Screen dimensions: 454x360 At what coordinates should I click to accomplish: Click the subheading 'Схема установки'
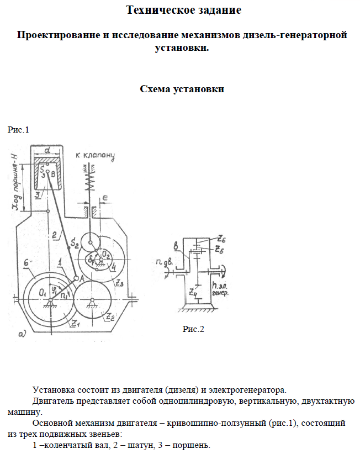pyautogui.click(x=182, y=89)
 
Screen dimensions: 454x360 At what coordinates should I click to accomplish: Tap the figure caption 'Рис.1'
pyautogui.click(x=18, y=130)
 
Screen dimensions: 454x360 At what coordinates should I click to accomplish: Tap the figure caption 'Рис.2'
pyautogui.click(x=193, y=330)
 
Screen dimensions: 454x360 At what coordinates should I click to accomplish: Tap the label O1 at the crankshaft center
pyautogui.click(x=43, y=291)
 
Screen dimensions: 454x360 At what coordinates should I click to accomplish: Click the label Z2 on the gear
pyautogui.click(x=110, y=317)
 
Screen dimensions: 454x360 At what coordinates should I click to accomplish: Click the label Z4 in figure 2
pyautogui.click(x=193, y=291)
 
